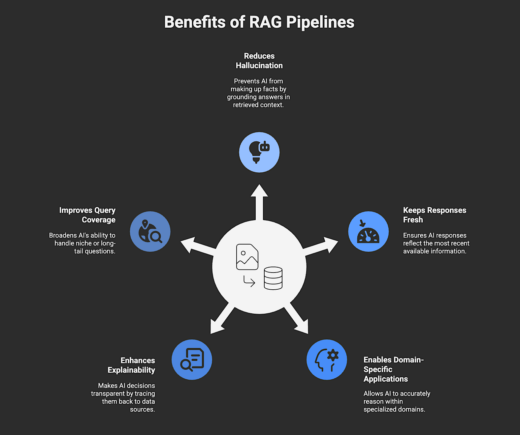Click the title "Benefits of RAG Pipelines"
coord(259,22)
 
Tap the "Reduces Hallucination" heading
coord(259,61)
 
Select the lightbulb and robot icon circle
coord(259,152)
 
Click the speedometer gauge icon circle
coord(368,231)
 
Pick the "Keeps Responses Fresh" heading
coord(434,215)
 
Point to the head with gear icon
coord(327,360)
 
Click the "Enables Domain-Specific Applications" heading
coord(393,369)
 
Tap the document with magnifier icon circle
coord(192,360)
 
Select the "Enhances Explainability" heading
coord(131,365)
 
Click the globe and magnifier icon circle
coord(150,231)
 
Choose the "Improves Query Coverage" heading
coord(87,215)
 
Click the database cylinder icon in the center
coord(273,278)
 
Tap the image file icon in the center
coord(247,257)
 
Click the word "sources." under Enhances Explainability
coord(142,409)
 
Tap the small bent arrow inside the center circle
coord(249,281)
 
